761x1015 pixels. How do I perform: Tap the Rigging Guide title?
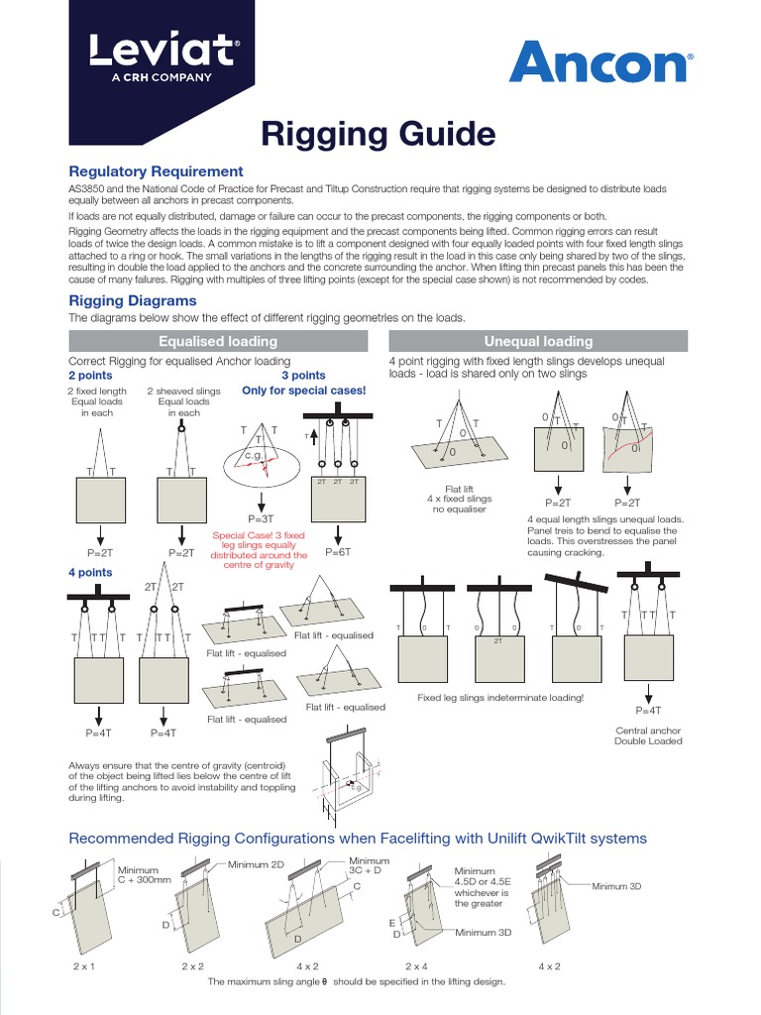point(378,133)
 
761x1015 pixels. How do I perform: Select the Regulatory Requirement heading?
point(155,171)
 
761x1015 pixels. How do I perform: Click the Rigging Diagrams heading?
point(132,300)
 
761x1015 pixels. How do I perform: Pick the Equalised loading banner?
point(218,341)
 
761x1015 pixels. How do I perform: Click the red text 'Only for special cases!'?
point(304,391)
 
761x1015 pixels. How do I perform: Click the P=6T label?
point(338,551)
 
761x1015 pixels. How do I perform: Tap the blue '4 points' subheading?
point(90,573)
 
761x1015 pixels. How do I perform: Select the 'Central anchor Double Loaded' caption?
point(648,735)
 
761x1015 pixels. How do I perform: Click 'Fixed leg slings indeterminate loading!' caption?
point(500,698)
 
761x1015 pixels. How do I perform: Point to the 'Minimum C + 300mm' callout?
point(145,876)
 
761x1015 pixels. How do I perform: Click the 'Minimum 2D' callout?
point(256,864)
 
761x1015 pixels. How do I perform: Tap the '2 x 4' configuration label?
point(417,964)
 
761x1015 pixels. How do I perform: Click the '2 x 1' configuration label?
point(83,964)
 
